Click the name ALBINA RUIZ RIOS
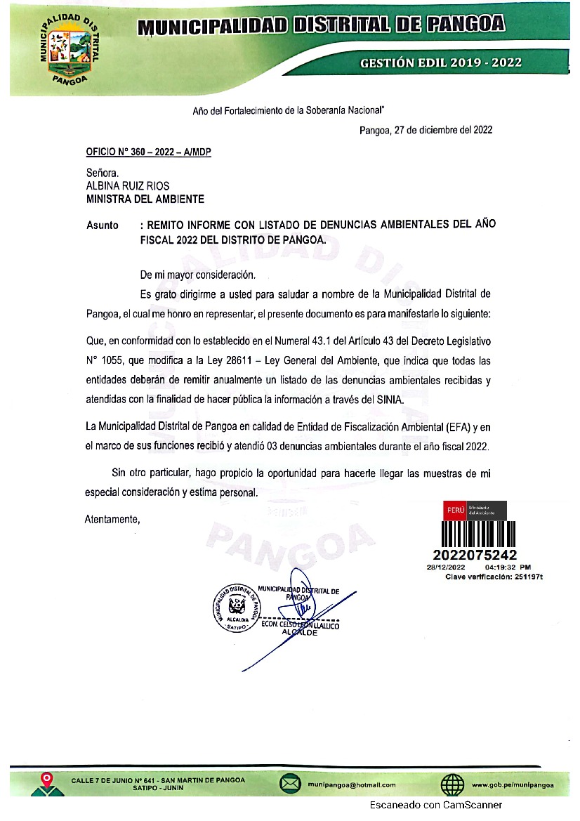(127, 186)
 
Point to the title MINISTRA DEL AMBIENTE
(145, 199)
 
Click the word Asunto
(103, 226)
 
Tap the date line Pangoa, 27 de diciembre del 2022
(426, 130)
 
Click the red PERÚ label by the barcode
(454, 511)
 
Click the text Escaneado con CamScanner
(437, 805)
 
